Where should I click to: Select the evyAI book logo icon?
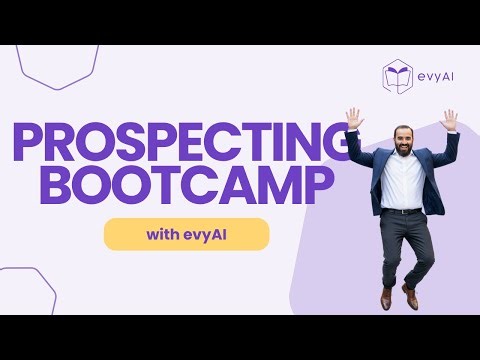click(x=398, y=77)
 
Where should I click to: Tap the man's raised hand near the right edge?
click(x=449, y=120)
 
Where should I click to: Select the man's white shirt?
click(x=402, y=180)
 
